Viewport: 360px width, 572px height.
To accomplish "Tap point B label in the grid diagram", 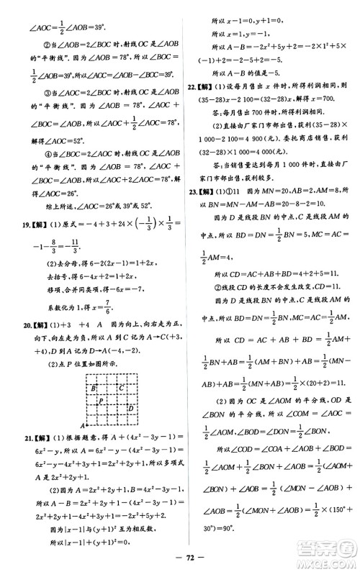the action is pyautogui.click(x=94, y=388).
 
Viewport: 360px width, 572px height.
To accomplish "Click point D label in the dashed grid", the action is pyautogui.click(x=131, y=409).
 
